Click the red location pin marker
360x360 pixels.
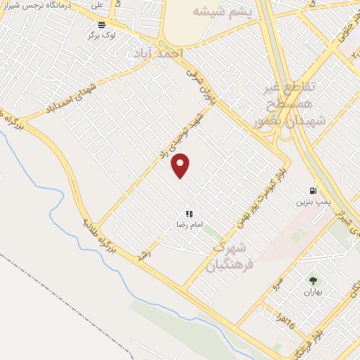point(181,165)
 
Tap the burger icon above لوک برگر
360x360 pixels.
point(101,25)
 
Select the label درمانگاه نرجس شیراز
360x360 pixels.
point(39,5)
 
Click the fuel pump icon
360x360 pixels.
point(312,191)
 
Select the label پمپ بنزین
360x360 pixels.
point(309,201)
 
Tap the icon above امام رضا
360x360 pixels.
point(188,214)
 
